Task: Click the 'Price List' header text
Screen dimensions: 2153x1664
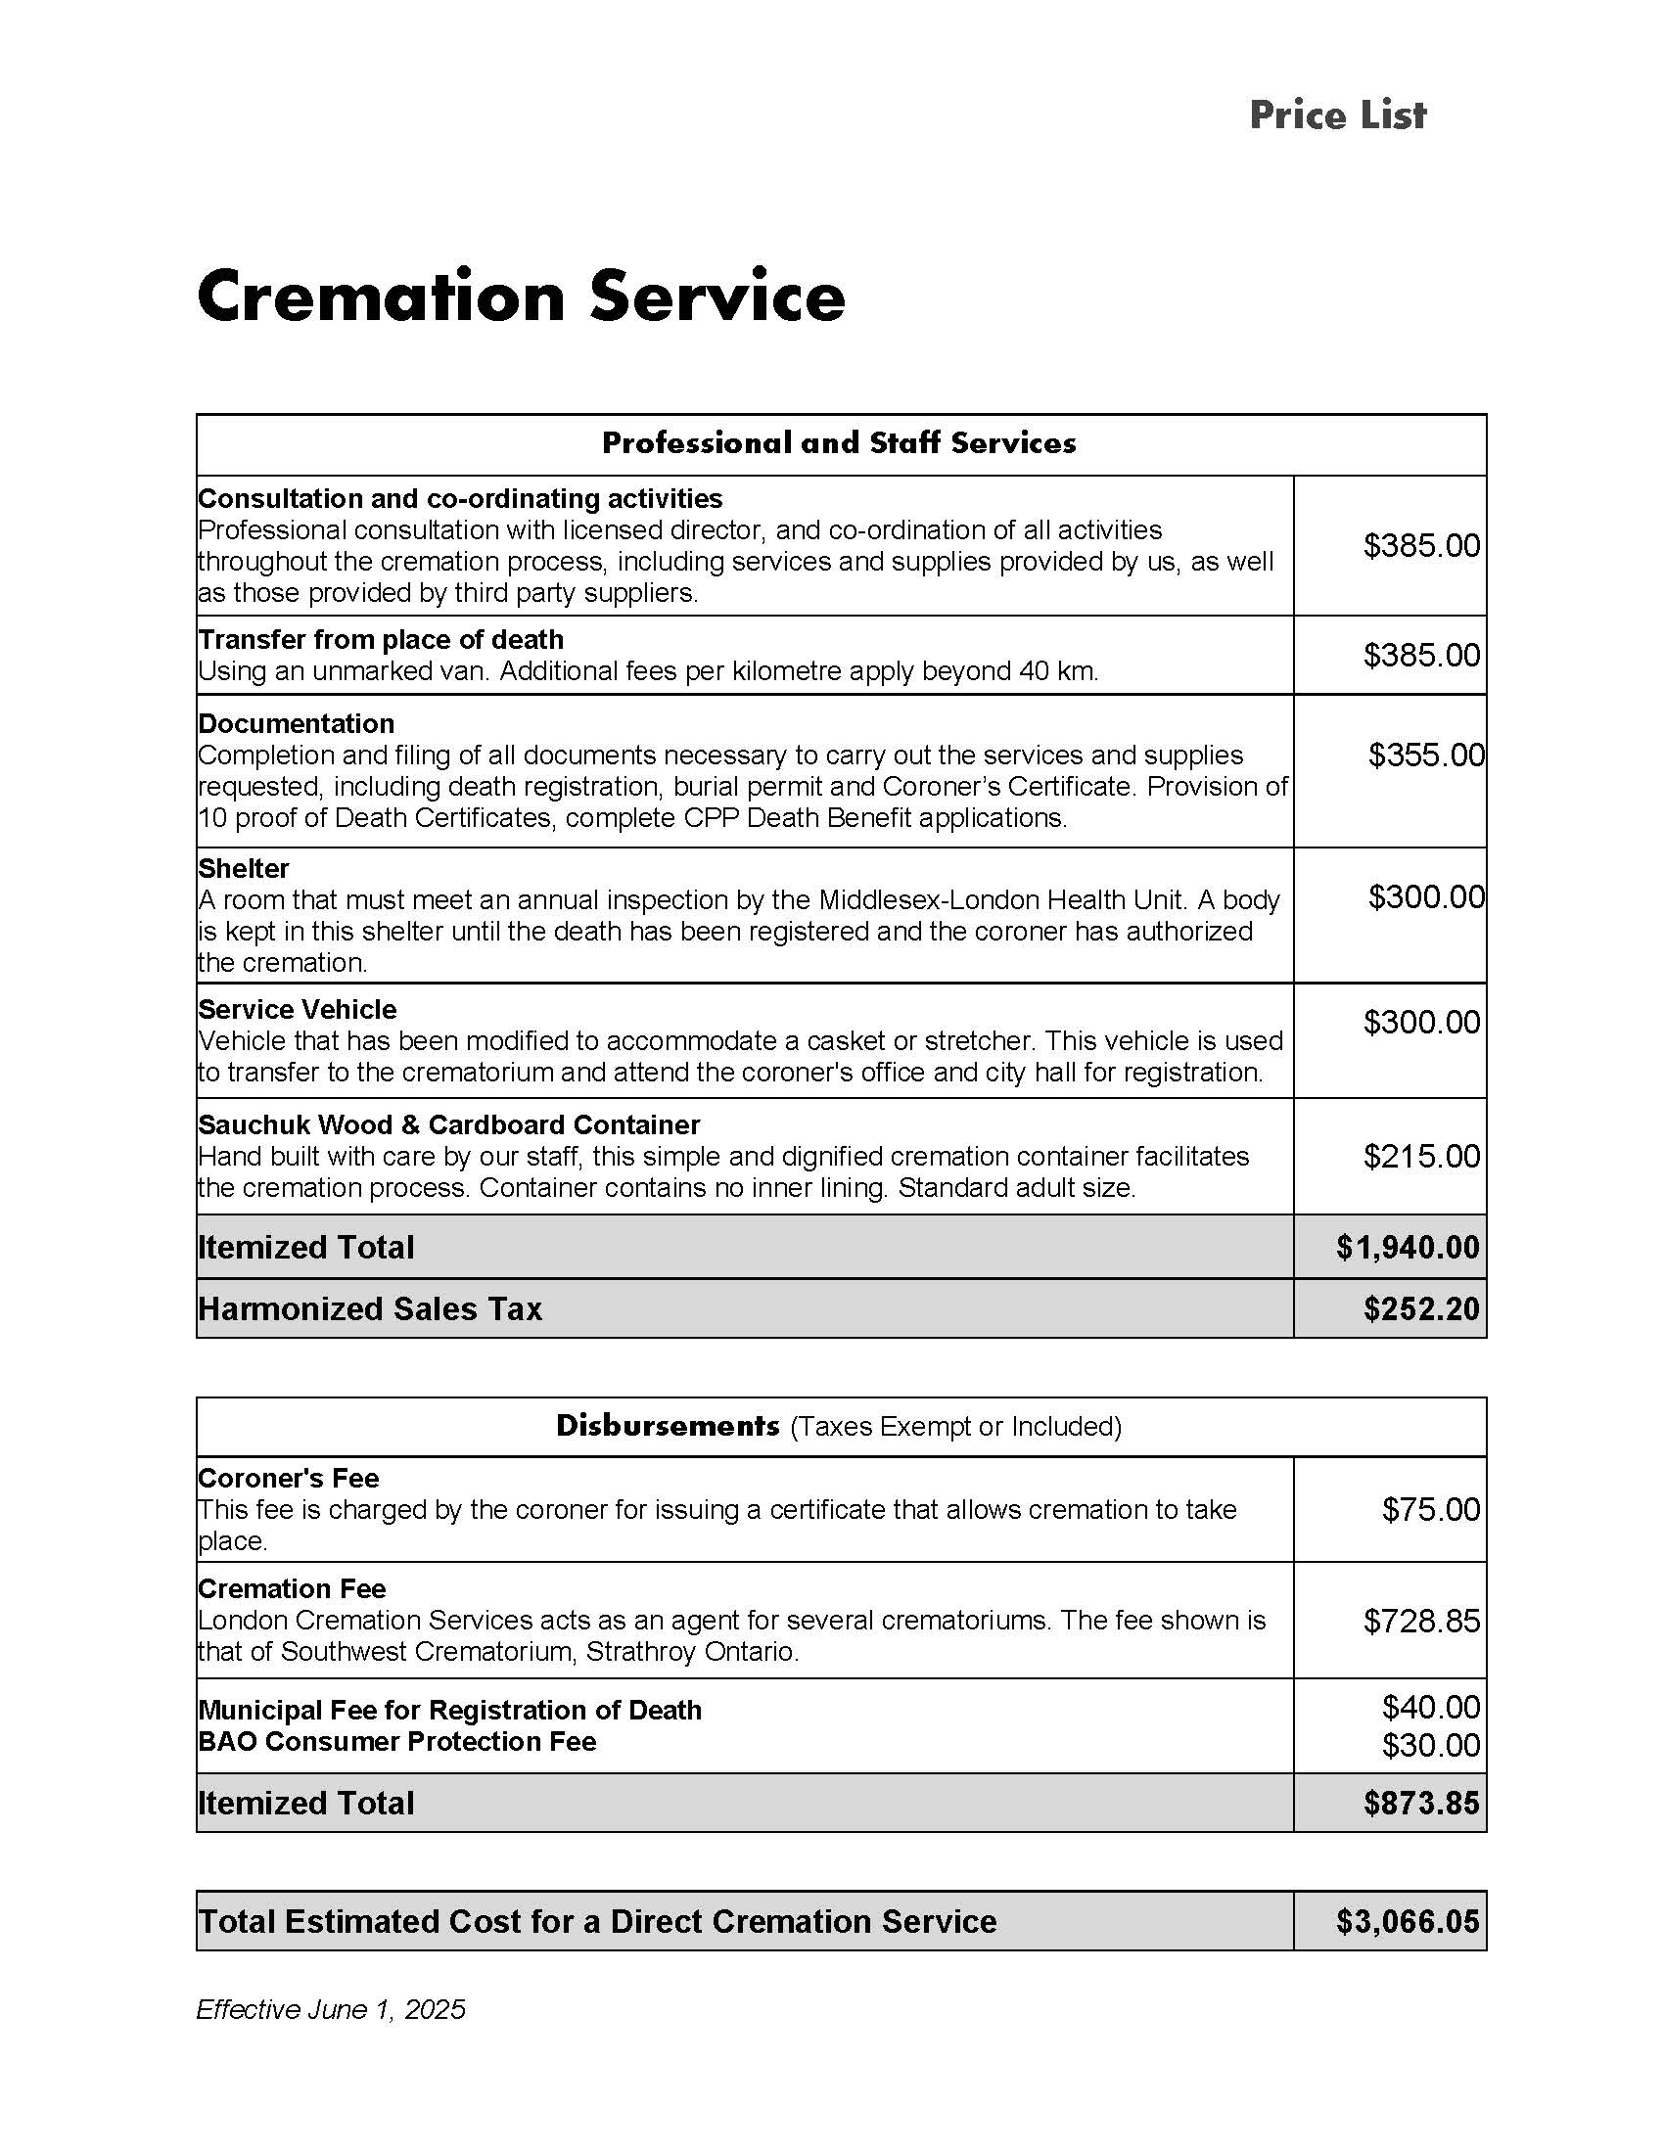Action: pyautogui.click(x=1337, y=115)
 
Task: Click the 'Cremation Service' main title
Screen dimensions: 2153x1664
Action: pyautogui.click(x=521, y=296)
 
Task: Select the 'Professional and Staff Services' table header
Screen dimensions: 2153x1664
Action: pyautogui.click(x=839, y=442)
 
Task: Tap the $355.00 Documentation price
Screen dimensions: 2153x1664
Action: pyautogui.click(x=1425, y=756)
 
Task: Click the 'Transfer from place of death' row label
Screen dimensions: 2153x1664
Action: pyautogui.click(x=381, y=640)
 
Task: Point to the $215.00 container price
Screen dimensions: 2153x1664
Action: pyautogui.click(x=1421, y=1157)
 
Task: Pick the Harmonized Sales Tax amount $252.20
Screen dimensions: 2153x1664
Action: pyautogui.click(x=1421, y=1309)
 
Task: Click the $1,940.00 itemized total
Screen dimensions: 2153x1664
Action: pyautogui.click(x=1408, y=1248)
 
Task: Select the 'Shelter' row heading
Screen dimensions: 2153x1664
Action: pyautogui.click(x=244, y=868)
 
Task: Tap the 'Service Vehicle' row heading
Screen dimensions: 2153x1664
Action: pyautogui.click(x=297, y=1010)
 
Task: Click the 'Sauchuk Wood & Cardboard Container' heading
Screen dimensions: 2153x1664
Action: pyautogui.click(x=448, y=1124)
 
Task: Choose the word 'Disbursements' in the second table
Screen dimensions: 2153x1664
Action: pyautogui.click(x=668, y=1426)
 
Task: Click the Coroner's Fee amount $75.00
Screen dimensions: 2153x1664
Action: pyautogui.click(x=1430, y=1509)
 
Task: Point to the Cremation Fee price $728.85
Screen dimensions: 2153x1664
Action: pyautogui.click(x=1421, y=1621)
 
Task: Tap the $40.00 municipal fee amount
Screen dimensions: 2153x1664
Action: pyautogui.click(x=1430, y=1707)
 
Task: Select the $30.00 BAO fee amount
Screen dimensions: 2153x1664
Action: pyautogui.click(x=1430, y=1746)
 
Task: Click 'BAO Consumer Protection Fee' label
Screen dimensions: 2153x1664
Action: pyautogui.click(x=397, y=1742)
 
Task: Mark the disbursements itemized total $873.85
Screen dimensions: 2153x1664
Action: pyautogui.click(x=1421, y=1803)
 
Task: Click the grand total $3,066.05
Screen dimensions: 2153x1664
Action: pyautogui.click(x=1408, y=1921)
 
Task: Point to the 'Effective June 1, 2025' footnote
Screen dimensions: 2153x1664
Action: pyautogui.click(x=330, y=2009)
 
